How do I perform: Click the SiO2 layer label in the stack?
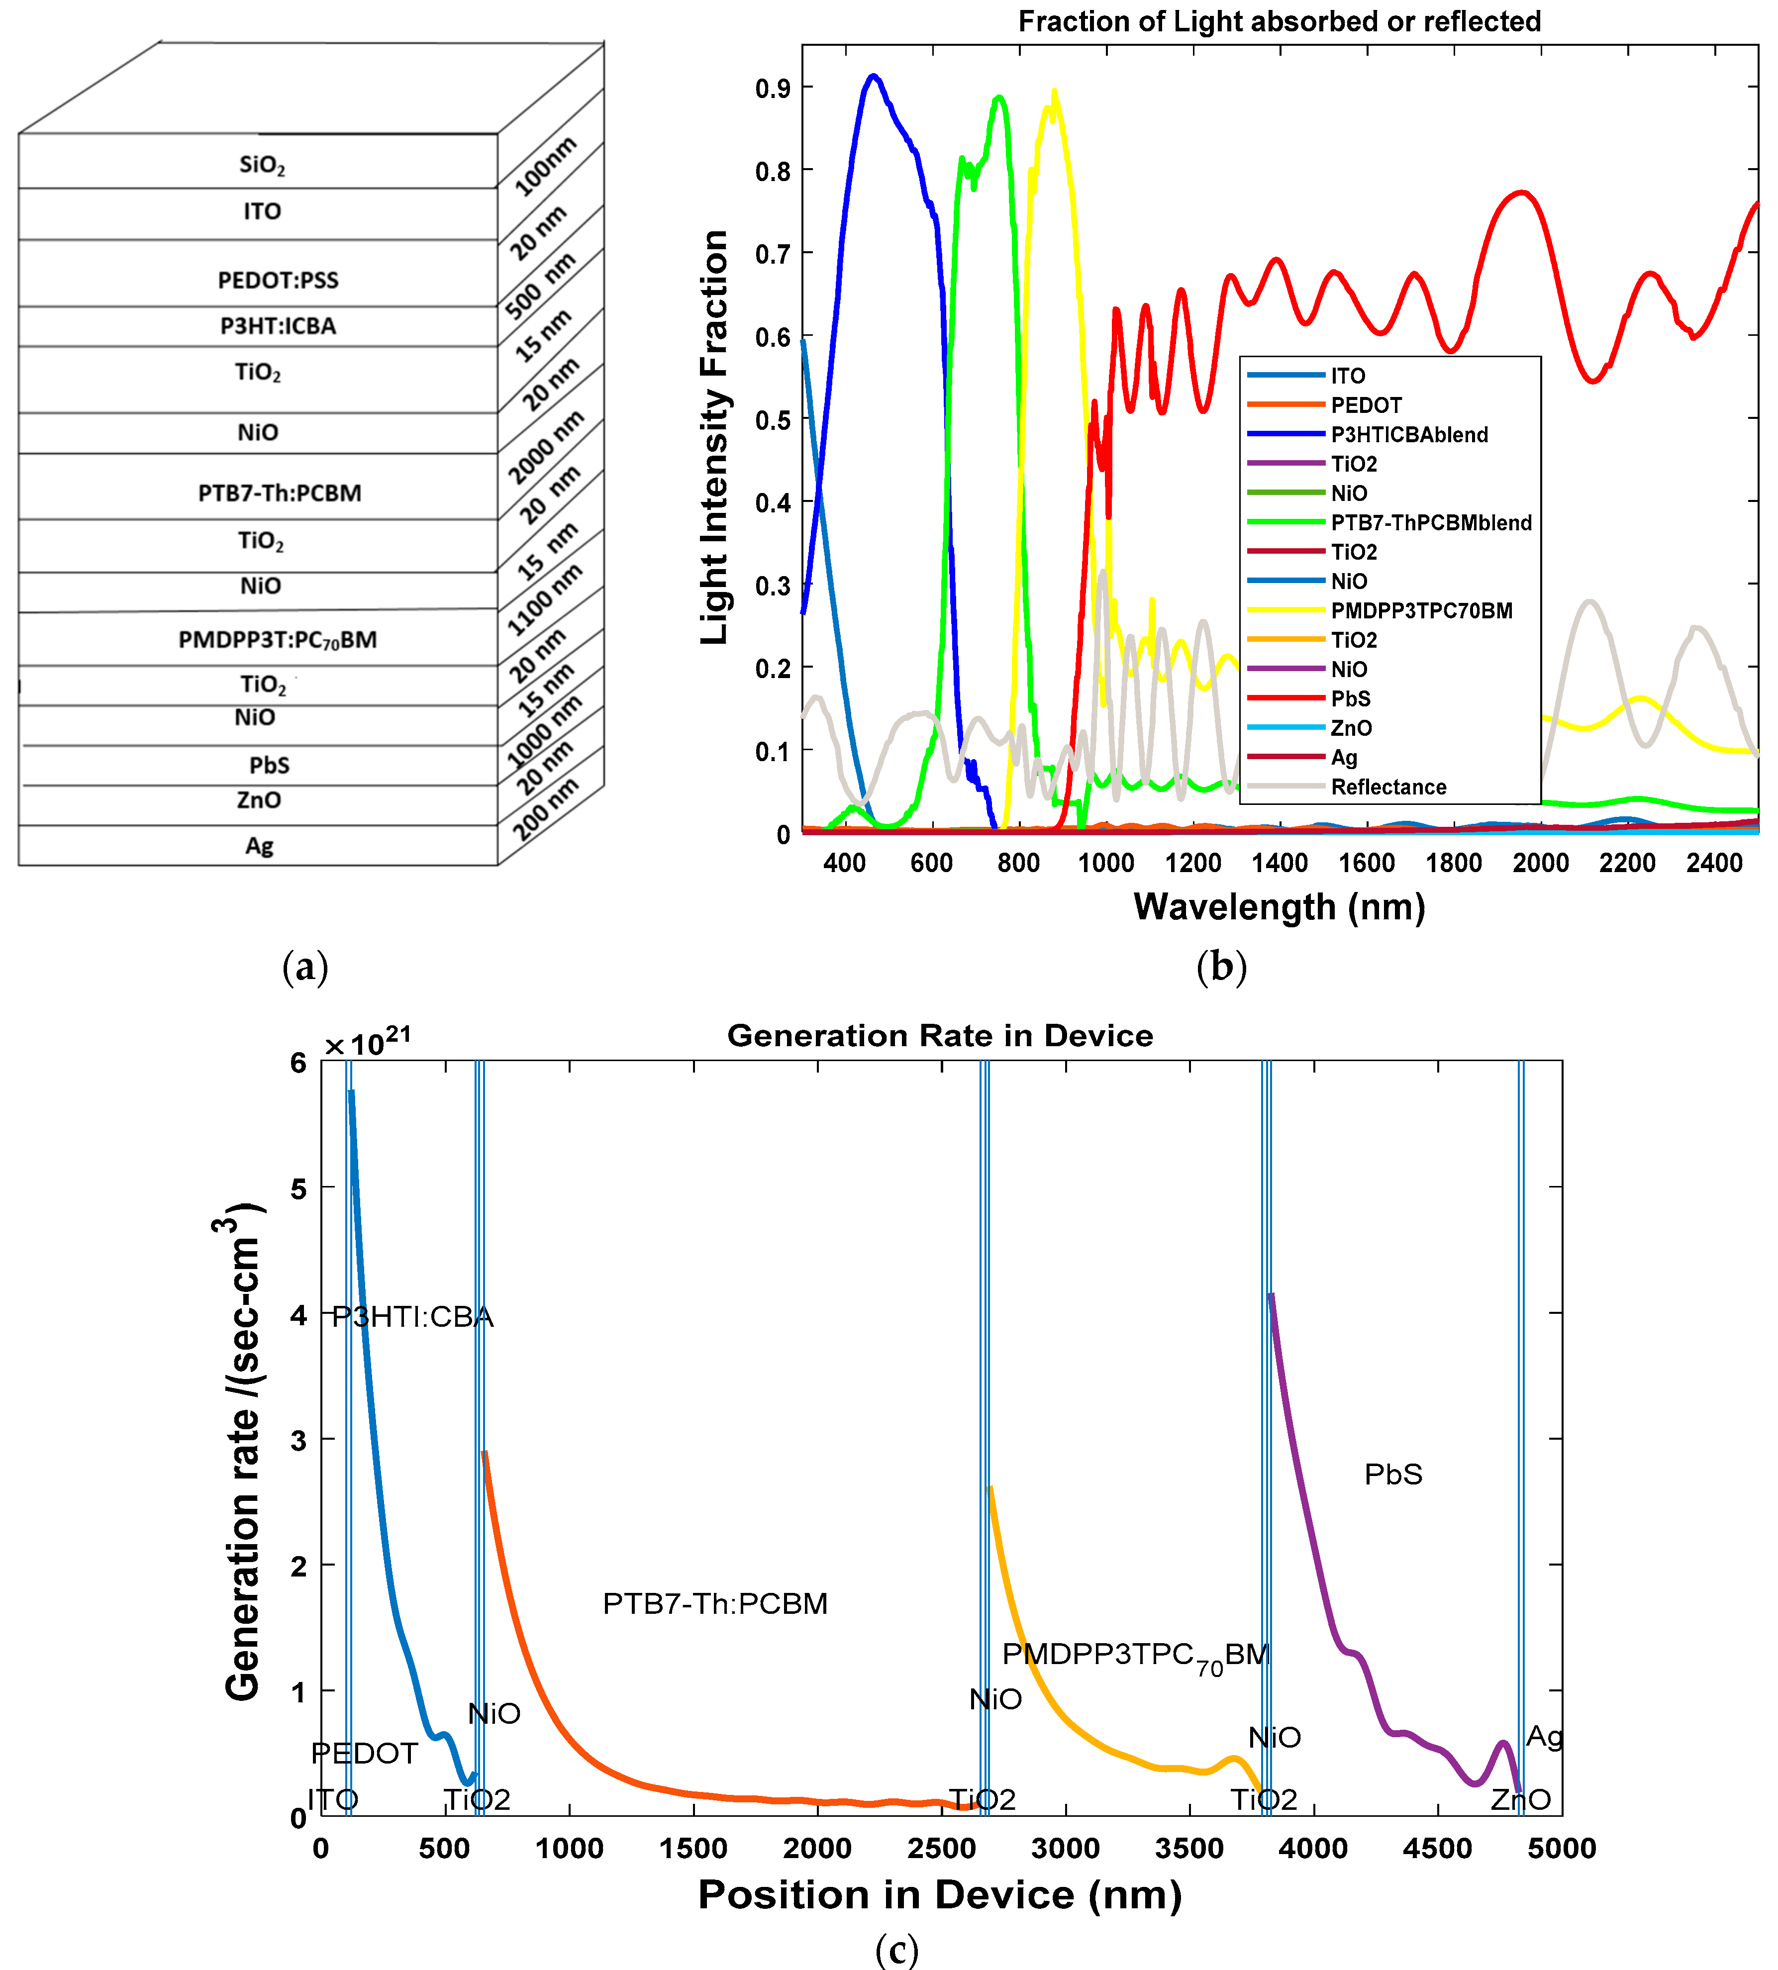(262, 164)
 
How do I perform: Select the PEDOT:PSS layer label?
(278, 280)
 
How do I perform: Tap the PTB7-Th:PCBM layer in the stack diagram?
(280, 493)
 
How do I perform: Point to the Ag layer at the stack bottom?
(259, 846)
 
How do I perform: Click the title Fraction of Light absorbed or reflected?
(1279, 21)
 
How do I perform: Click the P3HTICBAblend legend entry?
(1409, 435)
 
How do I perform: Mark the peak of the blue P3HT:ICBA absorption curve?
(874, 75)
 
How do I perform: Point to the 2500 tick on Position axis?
(942, 1848)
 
